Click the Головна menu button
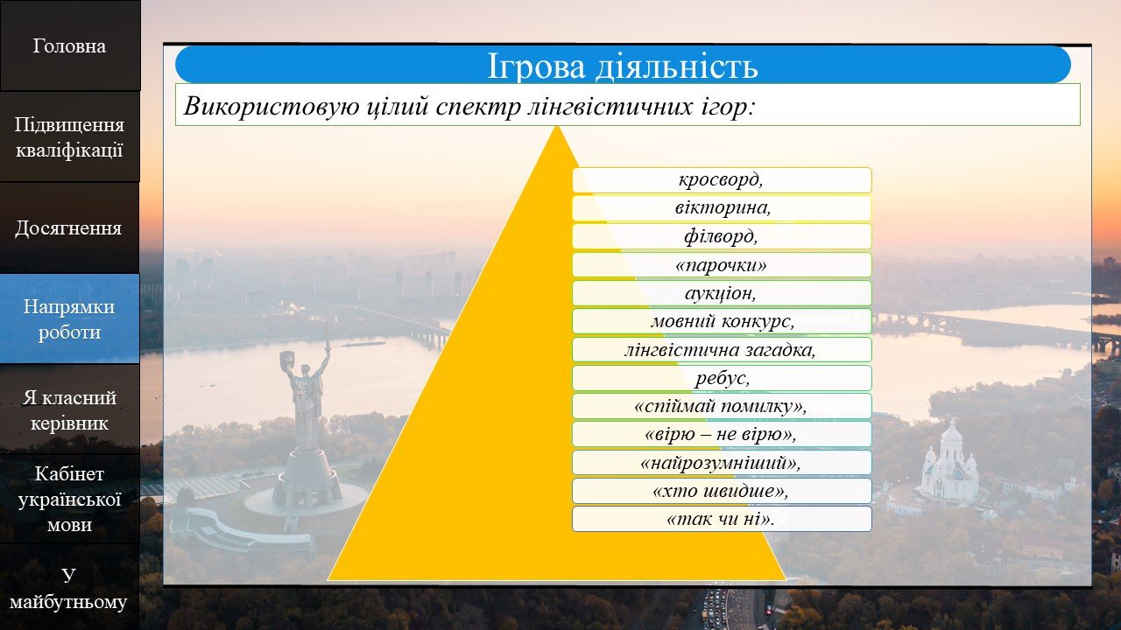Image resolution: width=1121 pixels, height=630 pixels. (x=69, y=45)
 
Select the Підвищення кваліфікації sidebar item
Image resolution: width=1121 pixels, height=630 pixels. (x=69, y=137)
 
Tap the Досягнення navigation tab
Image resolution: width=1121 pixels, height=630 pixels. (x=69, y=228)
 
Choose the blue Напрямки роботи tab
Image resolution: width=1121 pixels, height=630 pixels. (x=69, y=318)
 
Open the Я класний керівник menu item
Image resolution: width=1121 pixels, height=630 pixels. (x=69, y=409)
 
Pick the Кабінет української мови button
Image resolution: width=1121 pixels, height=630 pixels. (x=69, y=499)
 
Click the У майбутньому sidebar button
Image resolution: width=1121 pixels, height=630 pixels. (x=69, y=588)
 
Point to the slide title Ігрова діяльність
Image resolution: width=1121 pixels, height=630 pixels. (x=623, y=65)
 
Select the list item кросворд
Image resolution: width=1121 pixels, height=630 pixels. (x=722, y=179)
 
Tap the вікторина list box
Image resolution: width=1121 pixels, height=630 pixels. (x=722, y=208)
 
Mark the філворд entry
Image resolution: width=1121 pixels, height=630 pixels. (x=722, y=236)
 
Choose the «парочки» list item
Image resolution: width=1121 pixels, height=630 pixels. (x=722, y=264)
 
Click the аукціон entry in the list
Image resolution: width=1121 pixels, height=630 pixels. (x=722, y=293)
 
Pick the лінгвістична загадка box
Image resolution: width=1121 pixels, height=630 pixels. (x=722, y=349)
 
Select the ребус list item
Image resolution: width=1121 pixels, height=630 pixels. (x=722, y=378)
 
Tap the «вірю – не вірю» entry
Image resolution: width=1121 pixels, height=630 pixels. (x=722, y=434)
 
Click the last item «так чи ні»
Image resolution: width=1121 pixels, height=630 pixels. (x=722, y=519)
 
